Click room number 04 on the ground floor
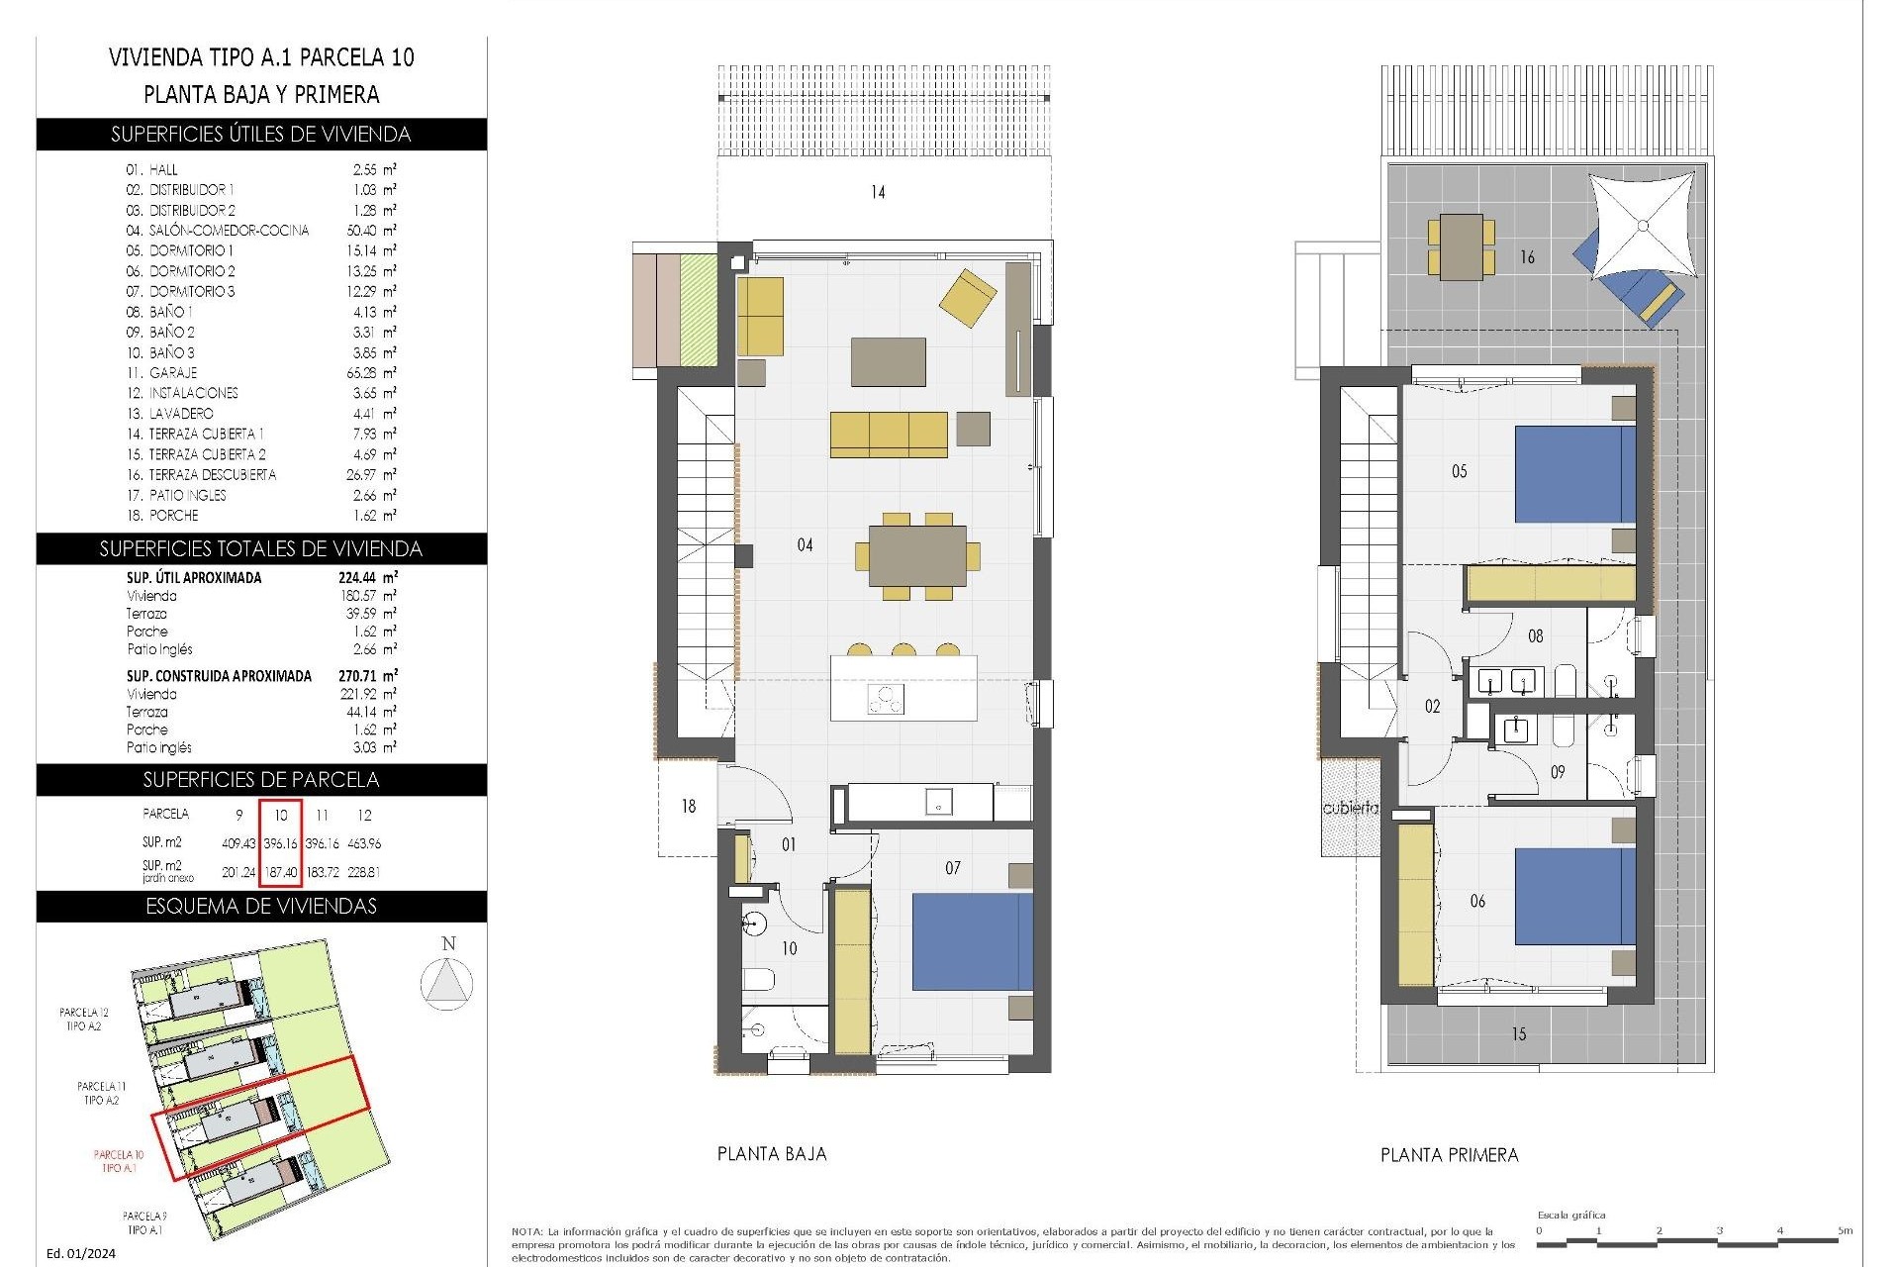coord(805,544)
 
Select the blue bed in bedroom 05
coord(1573,473)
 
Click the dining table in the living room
coord(917,556)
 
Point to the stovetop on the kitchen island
coord(886,699)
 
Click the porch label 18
coord(688,806)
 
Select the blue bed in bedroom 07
coord(971,941)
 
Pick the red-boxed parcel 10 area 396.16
coord(280,843)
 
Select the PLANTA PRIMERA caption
coord(1449,1154)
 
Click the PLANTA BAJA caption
coord(772,1153)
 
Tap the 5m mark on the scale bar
coord(1844,1231)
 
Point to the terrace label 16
coord(1527,257)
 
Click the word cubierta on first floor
coord(1350,808)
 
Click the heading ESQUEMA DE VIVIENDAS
coord(261,907)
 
